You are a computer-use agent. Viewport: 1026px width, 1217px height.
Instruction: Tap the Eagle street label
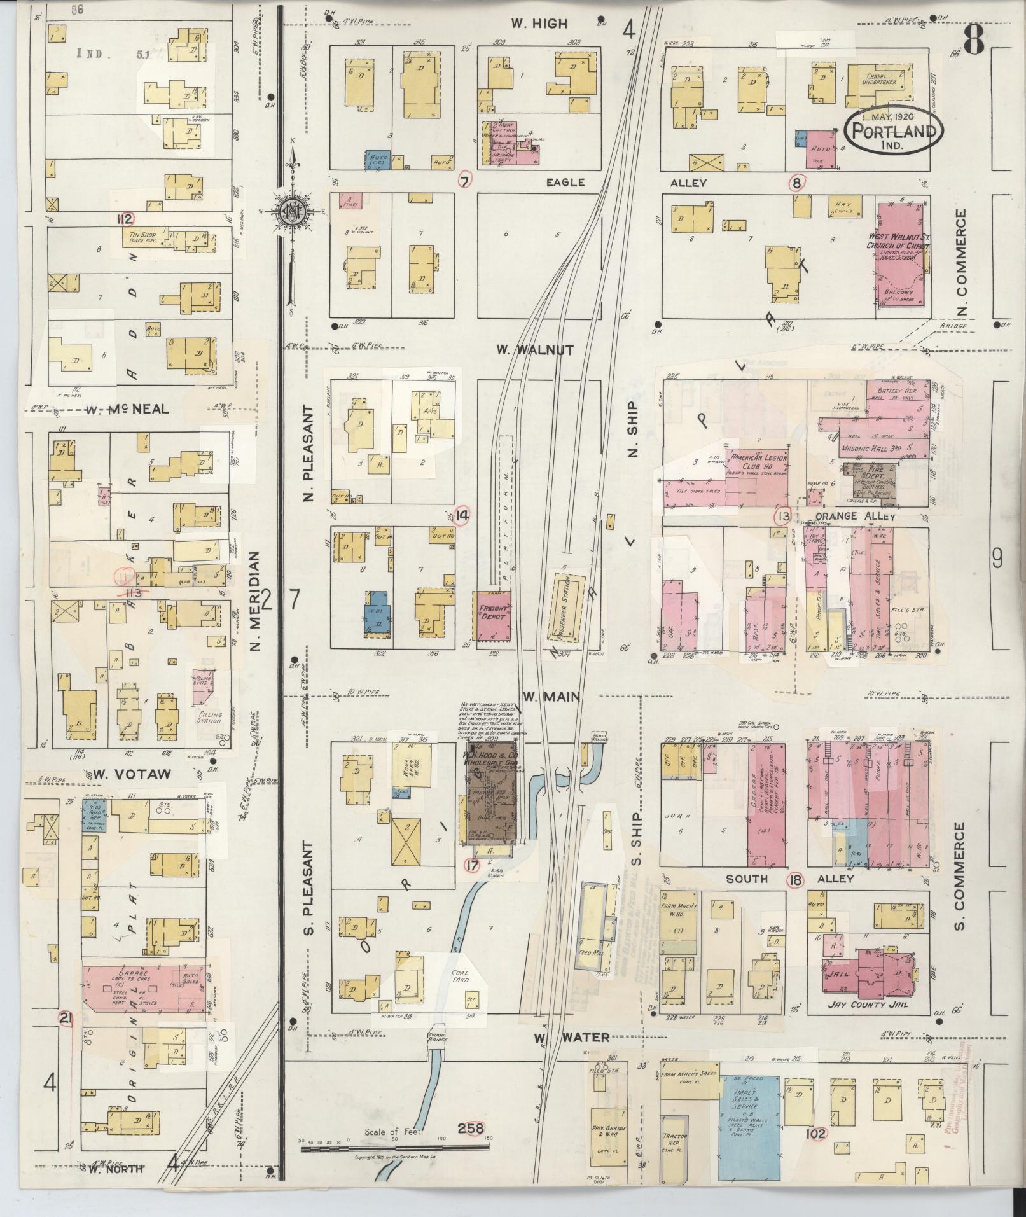tap(565, 183)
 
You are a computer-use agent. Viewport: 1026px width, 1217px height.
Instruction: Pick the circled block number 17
tap(471, 865)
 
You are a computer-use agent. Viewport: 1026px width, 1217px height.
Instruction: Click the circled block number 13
tap(782, 516)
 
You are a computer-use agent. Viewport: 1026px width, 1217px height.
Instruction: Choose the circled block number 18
tap(795, 880)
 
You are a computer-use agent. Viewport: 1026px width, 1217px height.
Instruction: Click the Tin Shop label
tap(143, 237)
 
